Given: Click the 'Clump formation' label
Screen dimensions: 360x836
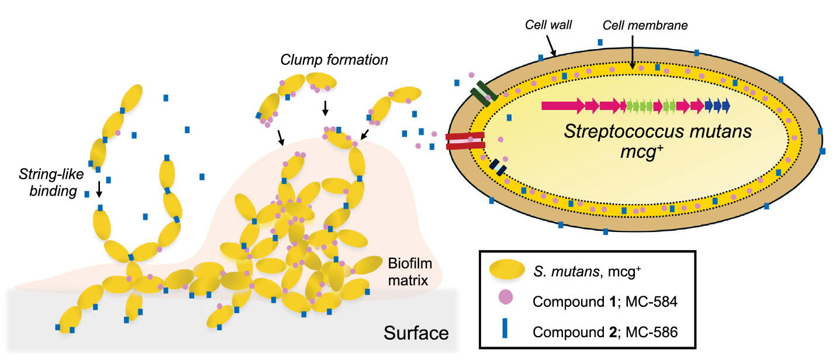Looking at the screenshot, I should pos(334,60).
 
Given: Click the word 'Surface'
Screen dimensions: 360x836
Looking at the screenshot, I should pos(416,334).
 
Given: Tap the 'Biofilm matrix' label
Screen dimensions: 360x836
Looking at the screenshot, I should pos(407,272).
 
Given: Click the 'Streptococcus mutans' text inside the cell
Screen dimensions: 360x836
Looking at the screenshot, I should pos(657,131).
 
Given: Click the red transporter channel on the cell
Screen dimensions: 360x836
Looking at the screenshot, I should pos(465,141).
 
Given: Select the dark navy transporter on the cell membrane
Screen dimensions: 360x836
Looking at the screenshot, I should pos(498,166).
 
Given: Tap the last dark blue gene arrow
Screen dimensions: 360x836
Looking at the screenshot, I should pos(726,106).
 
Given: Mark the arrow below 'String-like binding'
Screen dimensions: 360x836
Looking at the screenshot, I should pos(99,188).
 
